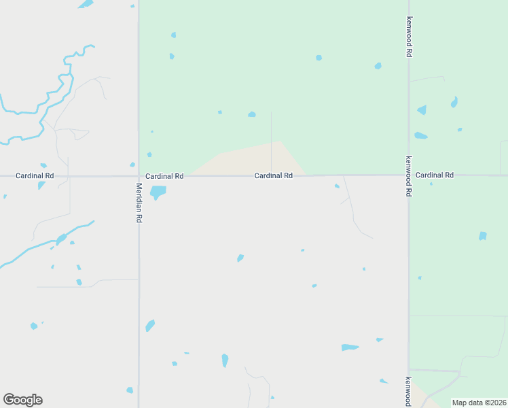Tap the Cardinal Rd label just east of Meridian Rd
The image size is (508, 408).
[164, 175]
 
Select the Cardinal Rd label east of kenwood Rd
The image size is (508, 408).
[435, 175]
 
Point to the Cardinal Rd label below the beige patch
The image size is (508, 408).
[274, 175]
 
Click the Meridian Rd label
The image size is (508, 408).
[139, 203]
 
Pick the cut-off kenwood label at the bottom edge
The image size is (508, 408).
[408, 392]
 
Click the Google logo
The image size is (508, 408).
[22, 400]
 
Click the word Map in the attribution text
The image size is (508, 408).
[460, 403]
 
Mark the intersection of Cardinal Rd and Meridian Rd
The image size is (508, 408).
[139, 176]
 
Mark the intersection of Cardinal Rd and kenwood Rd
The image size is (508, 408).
[409, 175]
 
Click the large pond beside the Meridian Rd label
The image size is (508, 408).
[158, 192]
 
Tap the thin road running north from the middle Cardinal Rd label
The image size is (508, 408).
[272, 136]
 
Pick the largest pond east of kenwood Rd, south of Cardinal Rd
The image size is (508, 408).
[483, 236]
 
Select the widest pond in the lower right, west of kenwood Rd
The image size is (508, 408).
[350, 347]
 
